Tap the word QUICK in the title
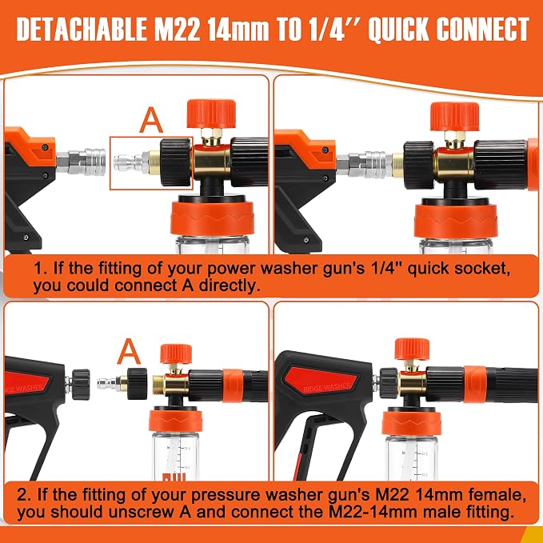(x=398, y=30)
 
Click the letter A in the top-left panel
(x=151, y=120)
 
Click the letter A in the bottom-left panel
(x=129, y=351)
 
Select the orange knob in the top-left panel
(x=211, y=114)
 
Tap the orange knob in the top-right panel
(x=455, y=117)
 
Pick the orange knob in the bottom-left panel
(x=176, y=353)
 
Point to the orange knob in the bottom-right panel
(x=412, y=349)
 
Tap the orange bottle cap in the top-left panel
(x=213, y=218)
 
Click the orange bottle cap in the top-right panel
(x=456, y=222)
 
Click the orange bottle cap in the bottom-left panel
(x=176, y=421)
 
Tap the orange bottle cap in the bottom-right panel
(x=412, y=423)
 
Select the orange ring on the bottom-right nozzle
(x=475, y=384)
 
